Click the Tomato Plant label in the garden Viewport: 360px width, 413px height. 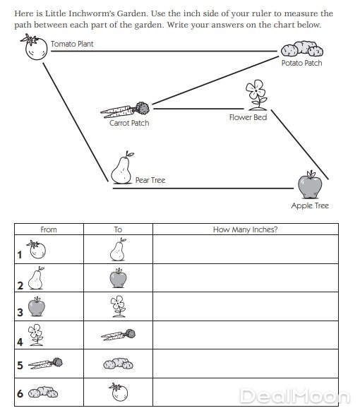pos(72,44)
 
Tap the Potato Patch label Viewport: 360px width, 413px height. pos(302,63)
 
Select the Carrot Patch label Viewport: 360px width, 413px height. pos(129,123)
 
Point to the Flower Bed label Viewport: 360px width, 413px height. pos(248,117)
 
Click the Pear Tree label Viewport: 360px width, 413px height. pos(150,180)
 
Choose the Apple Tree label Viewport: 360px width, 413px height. pos(310,205)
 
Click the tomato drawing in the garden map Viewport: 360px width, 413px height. pos(35,47)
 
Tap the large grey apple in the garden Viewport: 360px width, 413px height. pos(310,184)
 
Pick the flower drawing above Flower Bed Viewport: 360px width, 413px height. pos(256,95)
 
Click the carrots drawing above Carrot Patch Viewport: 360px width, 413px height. pos(125,110)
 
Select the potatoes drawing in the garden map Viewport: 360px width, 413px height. pos(302,49)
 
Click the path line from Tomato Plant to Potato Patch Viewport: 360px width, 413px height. pos(164,51)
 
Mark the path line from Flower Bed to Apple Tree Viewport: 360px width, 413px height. pos(300,145)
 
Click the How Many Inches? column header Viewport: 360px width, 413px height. pos(245,229)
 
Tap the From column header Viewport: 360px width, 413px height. pos(49,229)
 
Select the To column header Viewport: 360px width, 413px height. pos(118,229)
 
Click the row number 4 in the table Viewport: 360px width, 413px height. pos(20,342)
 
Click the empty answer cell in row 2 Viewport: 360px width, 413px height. pos(246,277)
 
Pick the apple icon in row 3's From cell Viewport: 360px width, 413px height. pos(37,306)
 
